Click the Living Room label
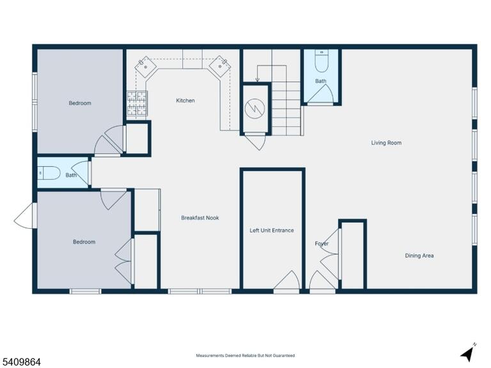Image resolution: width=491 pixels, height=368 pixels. (x=386, y=142)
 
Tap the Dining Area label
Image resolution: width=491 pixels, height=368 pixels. (x=419, y=256)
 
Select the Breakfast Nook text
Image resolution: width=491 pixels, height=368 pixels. (x=199, y=218)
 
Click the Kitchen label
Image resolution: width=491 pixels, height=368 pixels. (x=185, y=100)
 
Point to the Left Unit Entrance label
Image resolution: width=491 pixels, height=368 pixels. (x=272, y=230)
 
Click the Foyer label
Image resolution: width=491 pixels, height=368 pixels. (x=322, y=243)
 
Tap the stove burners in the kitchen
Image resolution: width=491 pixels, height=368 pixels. (x=137, y=103)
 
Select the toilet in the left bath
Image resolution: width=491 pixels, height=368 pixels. (x=49, y=173)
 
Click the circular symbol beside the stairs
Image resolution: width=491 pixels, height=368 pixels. (x=255, y=109)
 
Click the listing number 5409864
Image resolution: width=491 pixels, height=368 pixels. (x=20, y=362)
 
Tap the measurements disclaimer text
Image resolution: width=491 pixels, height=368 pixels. (x=245, y=355)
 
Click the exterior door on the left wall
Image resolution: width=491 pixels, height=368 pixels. (x=24, y=215)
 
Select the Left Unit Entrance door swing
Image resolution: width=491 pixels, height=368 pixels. (x=286, y=280)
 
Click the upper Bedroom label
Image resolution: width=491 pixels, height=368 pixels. (x=80, y=103)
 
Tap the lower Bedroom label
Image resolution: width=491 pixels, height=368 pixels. (x=84, y=242)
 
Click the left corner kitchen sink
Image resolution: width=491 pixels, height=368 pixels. (x=146, y=66)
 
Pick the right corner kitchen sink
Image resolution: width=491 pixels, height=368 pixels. (x=220, y=66)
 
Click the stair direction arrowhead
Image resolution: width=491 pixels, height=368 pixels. (x=257, y=80)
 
